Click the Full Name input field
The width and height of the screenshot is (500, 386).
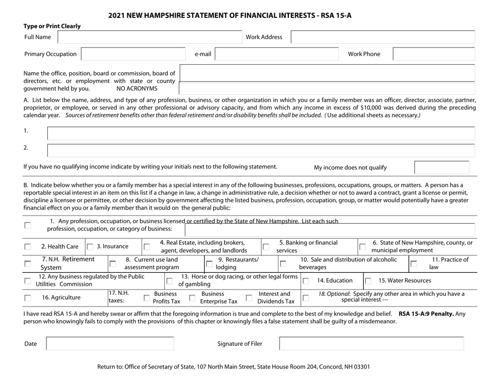click(x=149, y=37)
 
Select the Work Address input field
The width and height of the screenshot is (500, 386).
click(x=383, y=37)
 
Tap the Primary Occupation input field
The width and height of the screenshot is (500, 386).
click(x=134, y=54)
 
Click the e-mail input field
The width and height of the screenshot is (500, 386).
click(x=277, y=54)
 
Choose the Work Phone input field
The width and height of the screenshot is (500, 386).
click(x=434, y=54)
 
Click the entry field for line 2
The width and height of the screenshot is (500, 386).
click(x=261, y=150)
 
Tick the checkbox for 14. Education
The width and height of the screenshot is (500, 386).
click(x=306, y=281)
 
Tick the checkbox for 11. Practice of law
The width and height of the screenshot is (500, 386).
click(x=414, y=263)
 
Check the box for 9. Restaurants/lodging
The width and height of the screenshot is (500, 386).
click(x=209, y=263)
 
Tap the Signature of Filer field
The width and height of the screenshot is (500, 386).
click(x=371, y=344)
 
